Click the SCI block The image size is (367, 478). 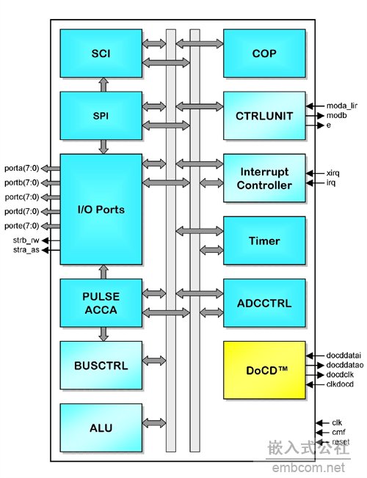101,54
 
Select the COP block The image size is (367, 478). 264,54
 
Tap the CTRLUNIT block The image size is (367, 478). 264,116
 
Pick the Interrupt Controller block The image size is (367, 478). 264,178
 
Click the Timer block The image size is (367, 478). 264,240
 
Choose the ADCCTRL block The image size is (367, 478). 264,303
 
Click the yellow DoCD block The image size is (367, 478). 264,370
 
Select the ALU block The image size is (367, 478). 101,427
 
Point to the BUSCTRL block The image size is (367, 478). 101,365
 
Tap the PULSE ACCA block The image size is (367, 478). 101,303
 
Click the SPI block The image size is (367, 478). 101,116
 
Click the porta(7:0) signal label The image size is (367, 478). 22,169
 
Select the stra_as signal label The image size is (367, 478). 26,250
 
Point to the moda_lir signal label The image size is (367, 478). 341,106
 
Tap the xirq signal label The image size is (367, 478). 333,173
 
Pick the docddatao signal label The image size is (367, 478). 345,365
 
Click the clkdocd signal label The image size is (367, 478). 340,384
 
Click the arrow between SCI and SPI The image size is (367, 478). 103,85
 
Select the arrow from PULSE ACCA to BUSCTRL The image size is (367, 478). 103,334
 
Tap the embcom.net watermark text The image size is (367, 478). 308,468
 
